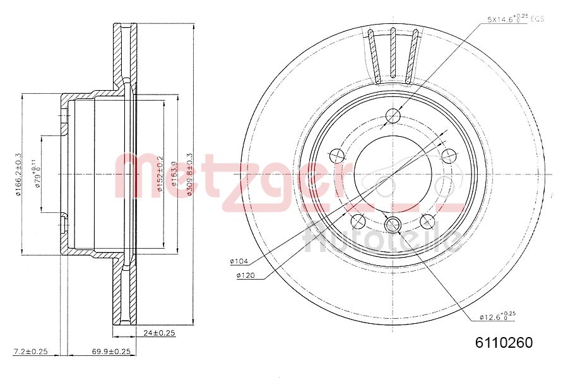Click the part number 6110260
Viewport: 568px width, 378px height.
coord(504,343)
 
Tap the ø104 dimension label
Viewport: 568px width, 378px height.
coord(240,261)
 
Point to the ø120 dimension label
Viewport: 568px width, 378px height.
coord(245,276)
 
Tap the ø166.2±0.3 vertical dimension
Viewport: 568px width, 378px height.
coord(19,174)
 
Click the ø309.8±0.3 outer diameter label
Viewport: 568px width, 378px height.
coord(189,175)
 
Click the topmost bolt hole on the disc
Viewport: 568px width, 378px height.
coord(393,116)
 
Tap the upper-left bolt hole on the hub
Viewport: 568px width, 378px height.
coord(337,155)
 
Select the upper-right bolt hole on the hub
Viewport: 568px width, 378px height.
coord(448,155)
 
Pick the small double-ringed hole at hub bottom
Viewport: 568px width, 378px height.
coord(393,223)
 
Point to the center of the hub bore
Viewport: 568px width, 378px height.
coord(393,174)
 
